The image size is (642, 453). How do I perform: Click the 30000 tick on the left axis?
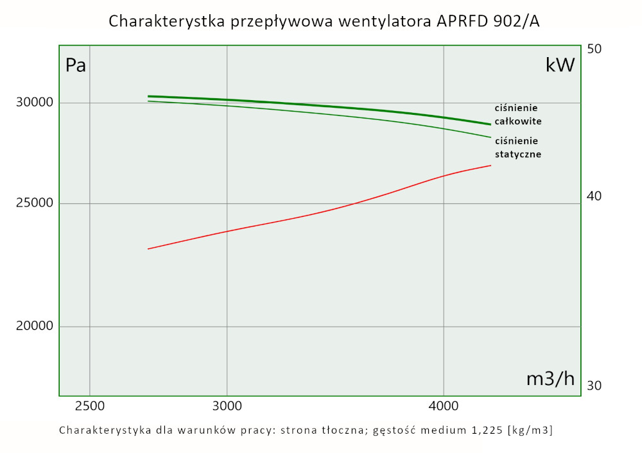click(x=34, y=103)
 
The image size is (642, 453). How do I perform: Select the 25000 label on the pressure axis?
click(x=34, y=204)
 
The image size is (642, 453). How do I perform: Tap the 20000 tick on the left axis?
click(x=34, y=326)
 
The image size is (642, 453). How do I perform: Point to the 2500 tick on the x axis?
click(x=89, y=406)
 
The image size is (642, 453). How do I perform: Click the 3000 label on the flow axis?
click(x=227, y=406)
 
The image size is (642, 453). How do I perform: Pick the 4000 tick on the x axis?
click(x=444, y=406)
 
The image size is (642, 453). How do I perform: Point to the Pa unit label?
click(x=76, y=65)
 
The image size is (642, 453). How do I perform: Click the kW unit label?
click(x=559, y=65)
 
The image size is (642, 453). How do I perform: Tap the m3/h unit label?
click(x=550, y=379)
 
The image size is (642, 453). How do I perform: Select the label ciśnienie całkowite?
click(x=517, y=114)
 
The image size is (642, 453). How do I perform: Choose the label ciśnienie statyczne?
click(x=517, y=148)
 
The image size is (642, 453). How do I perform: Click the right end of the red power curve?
click(x=490, y=166)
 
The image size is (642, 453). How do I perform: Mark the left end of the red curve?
click(x=148, y=249)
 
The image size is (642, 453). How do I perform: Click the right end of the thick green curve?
click(x=490, y=124)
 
